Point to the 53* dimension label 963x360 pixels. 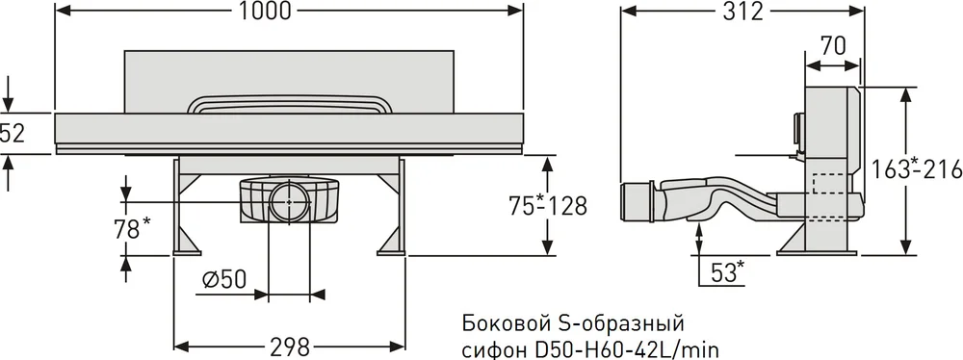(x=728, y=270)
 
